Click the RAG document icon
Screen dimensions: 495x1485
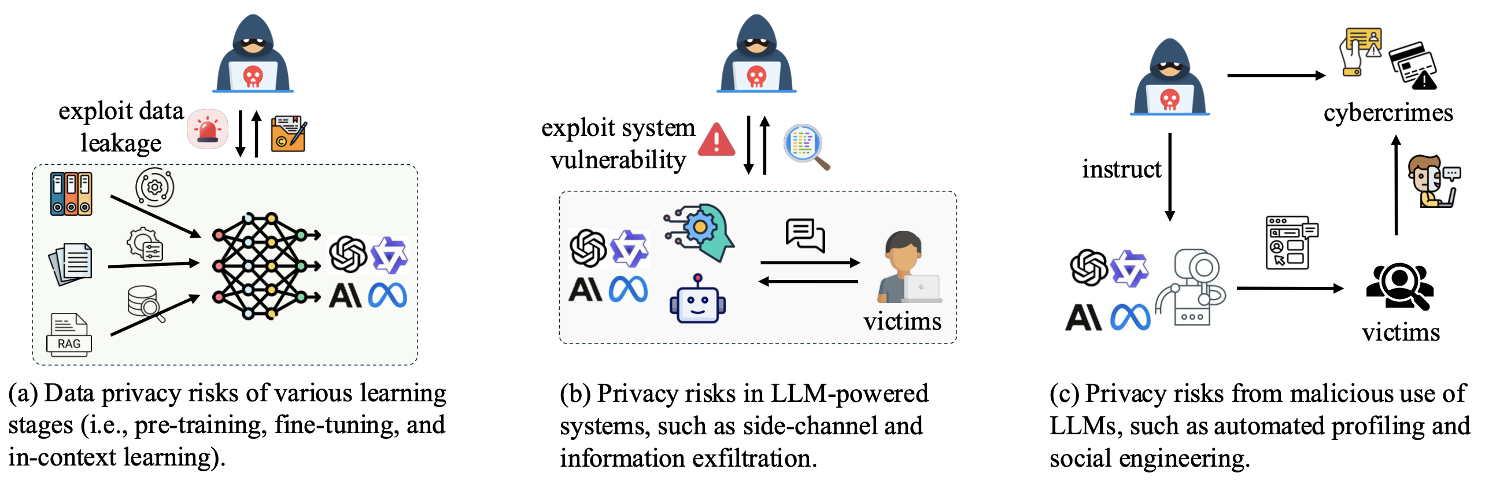[x=69, y=335]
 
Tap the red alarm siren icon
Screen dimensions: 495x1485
[x=208, y=129]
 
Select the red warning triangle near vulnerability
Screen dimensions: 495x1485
[x=716, y=140]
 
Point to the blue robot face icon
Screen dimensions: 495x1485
[x=697, y=300]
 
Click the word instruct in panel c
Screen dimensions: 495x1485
[x=1121, y=169]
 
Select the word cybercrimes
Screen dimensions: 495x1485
[x=1388, y=113]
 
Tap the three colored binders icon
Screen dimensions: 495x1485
[x=71, y=194]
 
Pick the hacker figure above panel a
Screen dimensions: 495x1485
[x=253, y=54]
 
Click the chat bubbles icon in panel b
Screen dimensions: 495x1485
[x=805, y=235]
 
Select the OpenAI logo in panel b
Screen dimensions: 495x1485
[x=588, y=248]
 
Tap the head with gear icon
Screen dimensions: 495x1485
[x=701, y=231]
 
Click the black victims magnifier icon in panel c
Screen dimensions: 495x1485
[x=1399, y=286]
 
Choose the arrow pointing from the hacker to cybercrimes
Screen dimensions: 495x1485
[x=1276, y=75]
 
